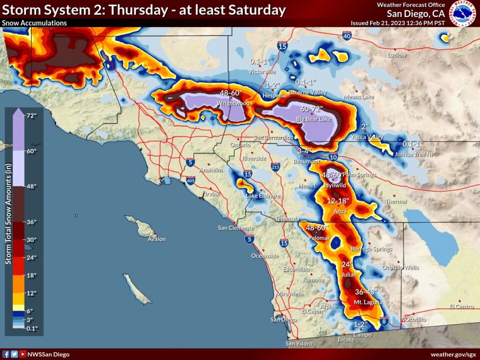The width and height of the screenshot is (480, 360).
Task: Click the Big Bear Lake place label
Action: (313, 119)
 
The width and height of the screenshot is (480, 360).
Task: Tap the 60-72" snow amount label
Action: (311, 108)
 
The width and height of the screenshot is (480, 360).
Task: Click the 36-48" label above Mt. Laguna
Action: (366, 292)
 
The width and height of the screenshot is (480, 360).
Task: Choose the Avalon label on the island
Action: (156, 239)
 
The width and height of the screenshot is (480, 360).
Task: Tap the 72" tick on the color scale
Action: (31, 115)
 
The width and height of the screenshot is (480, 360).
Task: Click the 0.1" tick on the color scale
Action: (31, 328)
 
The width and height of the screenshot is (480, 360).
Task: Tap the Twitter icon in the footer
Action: (14, 354)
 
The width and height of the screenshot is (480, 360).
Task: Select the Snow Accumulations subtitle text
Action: (34, 23)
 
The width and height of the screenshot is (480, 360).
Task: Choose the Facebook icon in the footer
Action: (6, 354)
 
